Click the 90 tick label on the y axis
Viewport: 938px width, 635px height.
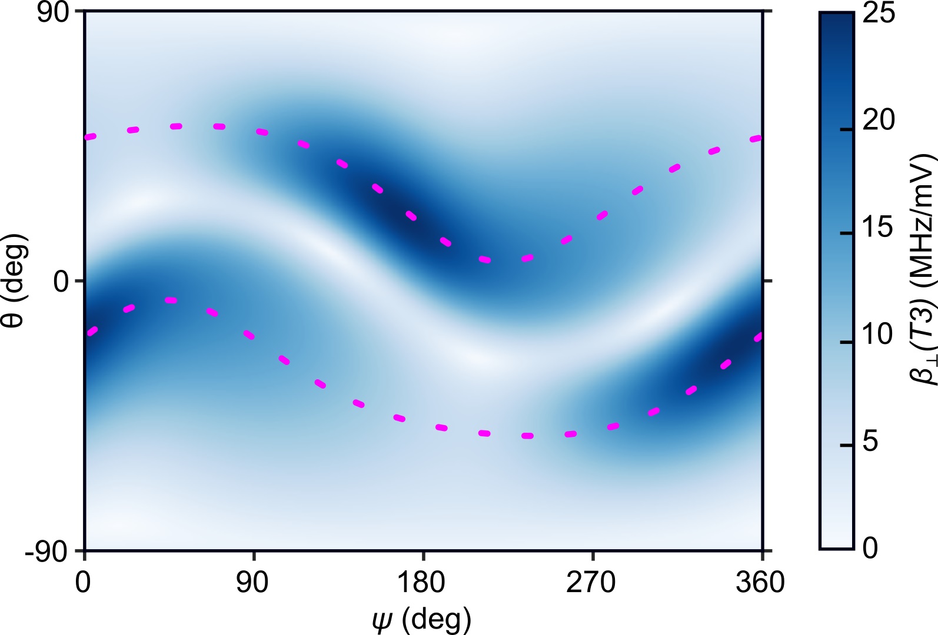[x=53, y=13]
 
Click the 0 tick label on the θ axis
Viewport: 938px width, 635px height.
[x=61, y=282]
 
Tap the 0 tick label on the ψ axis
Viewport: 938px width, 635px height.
[x=83, y=583]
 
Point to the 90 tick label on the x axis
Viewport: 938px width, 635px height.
[x=252, y=583]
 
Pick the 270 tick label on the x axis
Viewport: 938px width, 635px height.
[x=591, y=583]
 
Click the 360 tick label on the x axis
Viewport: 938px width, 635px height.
[x=760, y=583]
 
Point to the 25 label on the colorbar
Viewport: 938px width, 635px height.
[x=879, y=13]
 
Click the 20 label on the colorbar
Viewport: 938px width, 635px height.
[x=879, y=120]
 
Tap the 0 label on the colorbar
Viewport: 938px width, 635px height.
[x=871, y=547]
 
